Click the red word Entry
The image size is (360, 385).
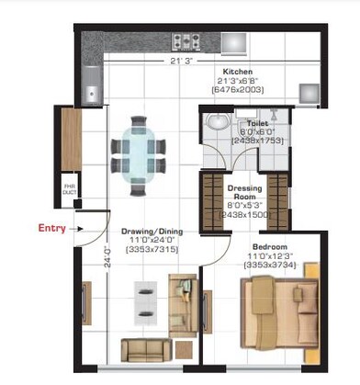[x=51, y=228]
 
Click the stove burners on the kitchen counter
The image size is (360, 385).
[x=187, y=40]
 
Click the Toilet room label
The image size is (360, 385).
[x=250, y=121]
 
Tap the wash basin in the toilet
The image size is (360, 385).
[x=218, y=123]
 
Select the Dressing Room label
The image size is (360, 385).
[x=244, y=193]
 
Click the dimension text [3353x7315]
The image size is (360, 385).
[x=150, y=249]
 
